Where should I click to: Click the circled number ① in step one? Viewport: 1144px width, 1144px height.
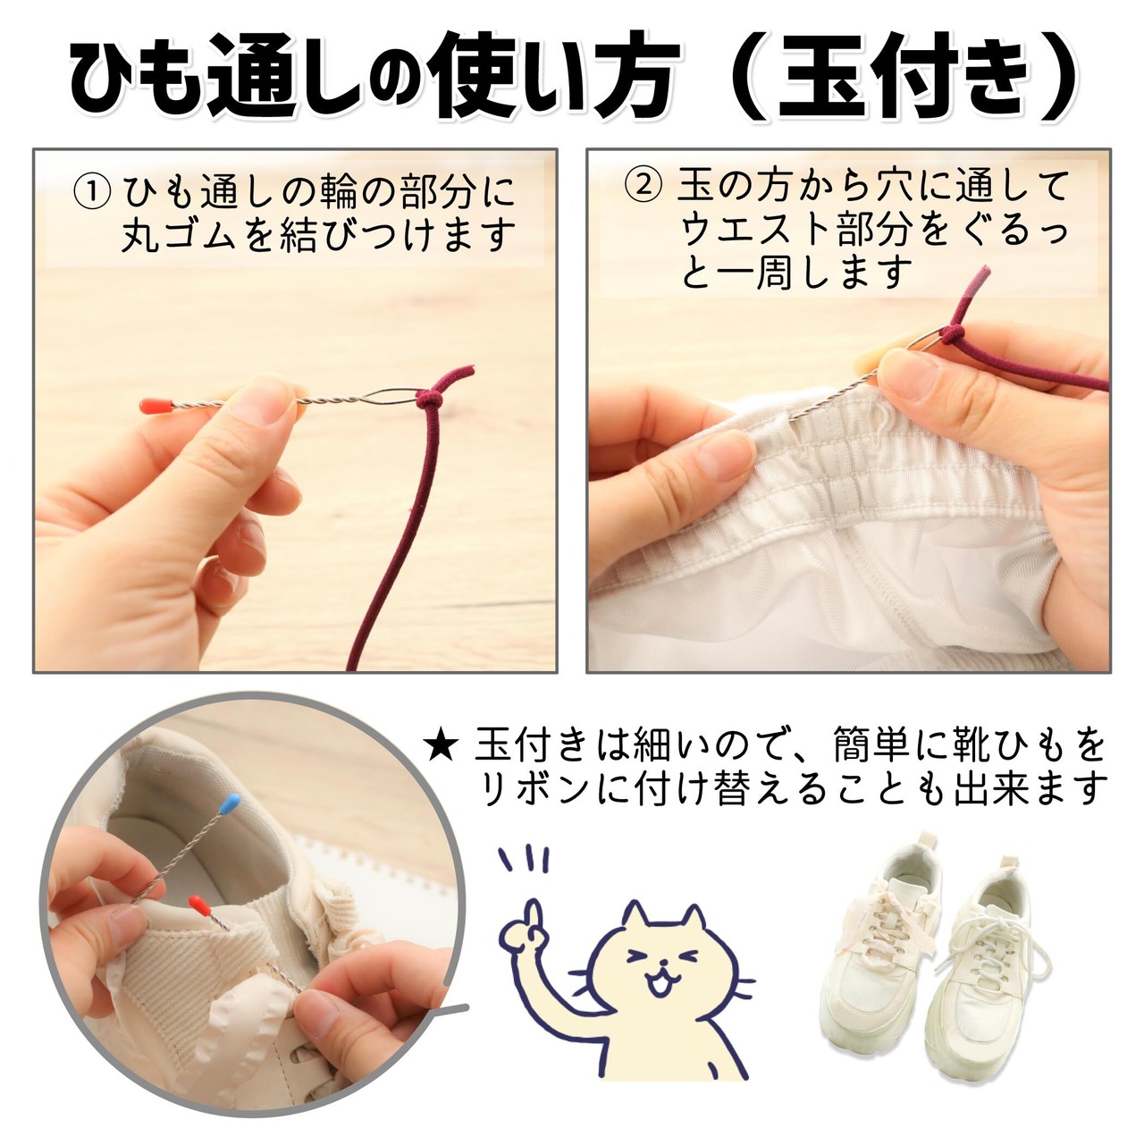point(92,190)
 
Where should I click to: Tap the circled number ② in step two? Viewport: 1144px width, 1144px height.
point(643,187)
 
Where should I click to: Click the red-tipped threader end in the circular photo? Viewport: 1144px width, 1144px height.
point(198,904)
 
